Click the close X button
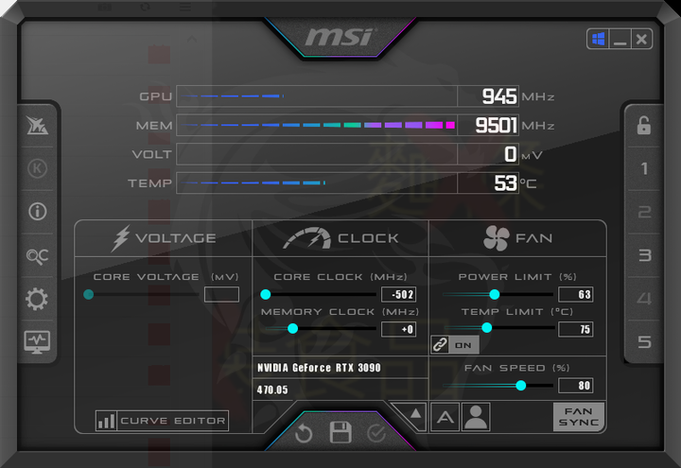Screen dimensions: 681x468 [641, 40]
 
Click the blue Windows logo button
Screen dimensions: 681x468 [598, 40]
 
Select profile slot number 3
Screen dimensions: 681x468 [644, 255]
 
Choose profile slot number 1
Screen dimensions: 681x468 [644, 168]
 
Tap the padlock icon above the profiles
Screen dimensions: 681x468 [644, 126]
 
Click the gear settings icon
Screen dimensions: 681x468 [37, 299]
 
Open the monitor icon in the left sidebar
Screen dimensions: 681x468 [37, 342]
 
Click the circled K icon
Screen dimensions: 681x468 [37, 168]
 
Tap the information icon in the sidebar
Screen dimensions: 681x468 [37, 212]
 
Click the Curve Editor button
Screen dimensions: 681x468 [162, 421]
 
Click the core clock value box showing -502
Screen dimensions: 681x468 [399, 294]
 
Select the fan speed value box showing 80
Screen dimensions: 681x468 [575, 386]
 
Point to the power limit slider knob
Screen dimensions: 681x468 [495, 294]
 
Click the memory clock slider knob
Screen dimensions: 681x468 [292, 329]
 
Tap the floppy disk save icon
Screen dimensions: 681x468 [340, 432]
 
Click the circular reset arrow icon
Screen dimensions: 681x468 [304, 433]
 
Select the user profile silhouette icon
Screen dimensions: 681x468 [476, 417]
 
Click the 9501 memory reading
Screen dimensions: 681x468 [496, 126]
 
